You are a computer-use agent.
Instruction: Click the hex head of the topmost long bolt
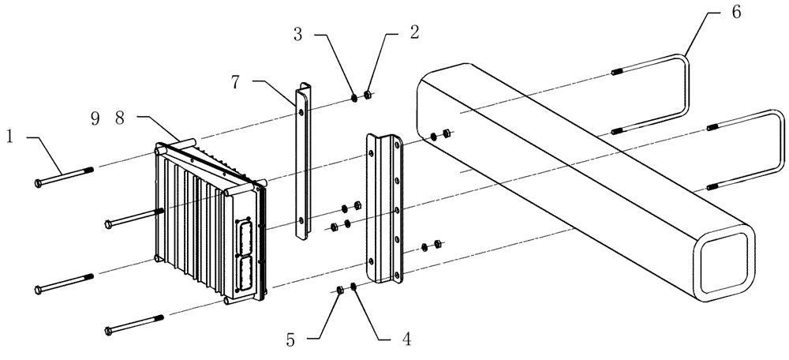[39, 183]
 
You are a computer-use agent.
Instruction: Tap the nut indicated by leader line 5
[340, 291]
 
